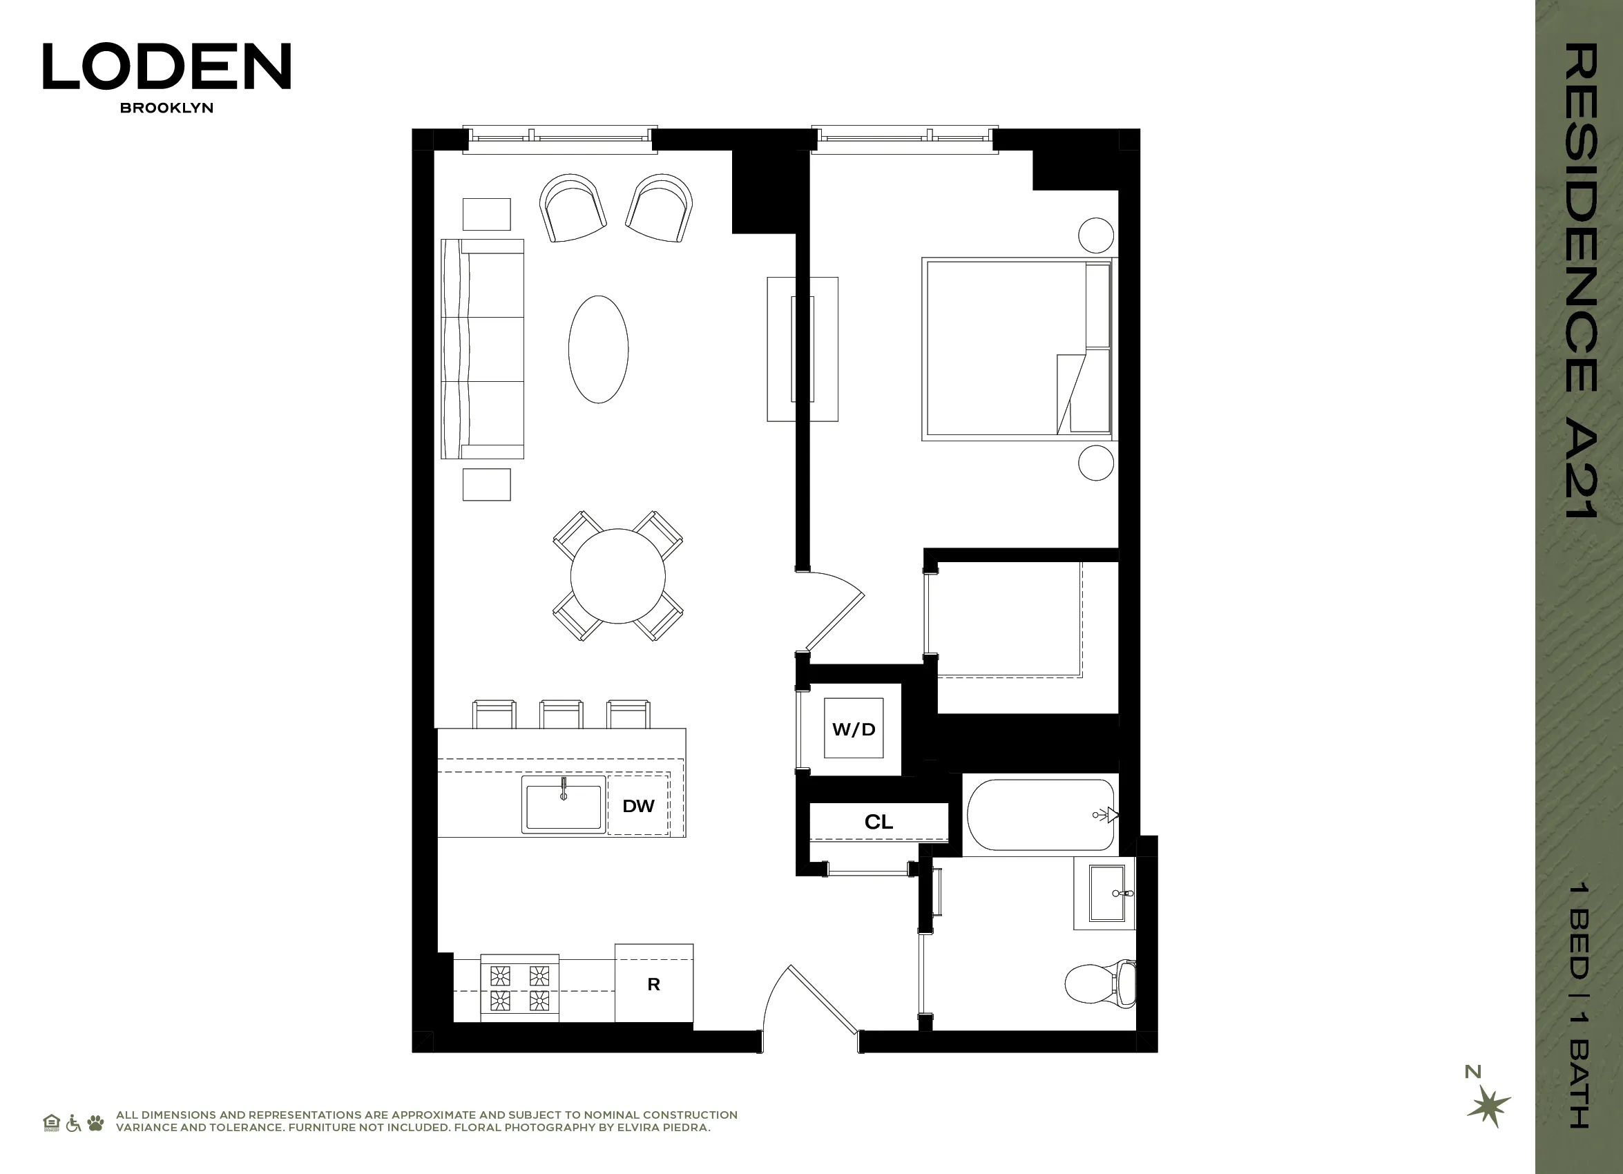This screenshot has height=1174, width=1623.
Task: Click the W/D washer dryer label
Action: [853, 729]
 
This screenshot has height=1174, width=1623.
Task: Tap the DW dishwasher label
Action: [638, 807]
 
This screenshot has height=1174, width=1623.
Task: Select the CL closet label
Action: [878, 822]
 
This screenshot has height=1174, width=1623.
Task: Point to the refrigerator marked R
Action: [653, 984]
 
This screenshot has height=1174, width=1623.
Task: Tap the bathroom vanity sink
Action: [1106, 893]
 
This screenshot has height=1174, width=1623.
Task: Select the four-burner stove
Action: [519, 988]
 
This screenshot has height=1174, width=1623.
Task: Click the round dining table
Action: [617, 576]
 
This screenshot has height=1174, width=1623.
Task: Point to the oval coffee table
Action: [598, 349]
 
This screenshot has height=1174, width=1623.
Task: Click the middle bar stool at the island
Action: [561, 713]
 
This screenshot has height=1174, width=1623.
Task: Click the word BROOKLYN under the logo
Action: [166, 108]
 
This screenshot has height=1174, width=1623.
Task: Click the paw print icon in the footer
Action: [95, 1122]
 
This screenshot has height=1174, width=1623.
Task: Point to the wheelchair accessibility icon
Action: [73, 1122]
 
